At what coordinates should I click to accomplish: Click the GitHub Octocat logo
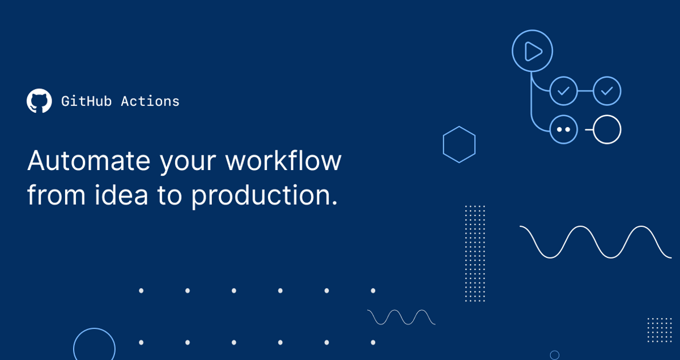tap(39, 101)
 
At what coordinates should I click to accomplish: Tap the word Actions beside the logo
tap(150, 101)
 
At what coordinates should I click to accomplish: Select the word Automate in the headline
tap(88, 160)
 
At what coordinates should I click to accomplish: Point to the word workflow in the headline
tap(283, 160)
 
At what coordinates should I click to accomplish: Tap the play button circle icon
tap(532, 51)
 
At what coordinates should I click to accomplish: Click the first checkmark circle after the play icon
tap(563, 91)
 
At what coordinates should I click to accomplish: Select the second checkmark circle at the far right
tap(607, 91)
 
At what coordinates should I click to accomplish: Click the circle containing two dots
tap(563, 129)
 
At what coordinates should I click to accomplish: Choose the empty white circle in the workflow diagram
tap(607, 129)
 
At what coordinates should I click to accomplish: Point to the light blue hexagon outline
tap(459, 145)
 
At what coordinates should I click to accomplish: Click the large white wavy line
tap(595, 242)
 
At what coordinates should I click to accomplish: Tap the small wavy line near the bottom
tap(401, 317)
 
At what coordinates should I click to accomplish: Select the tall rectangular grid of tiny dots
tap(475, 253)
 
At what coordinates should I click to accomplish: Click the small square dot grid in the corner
tap(659, 330)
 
